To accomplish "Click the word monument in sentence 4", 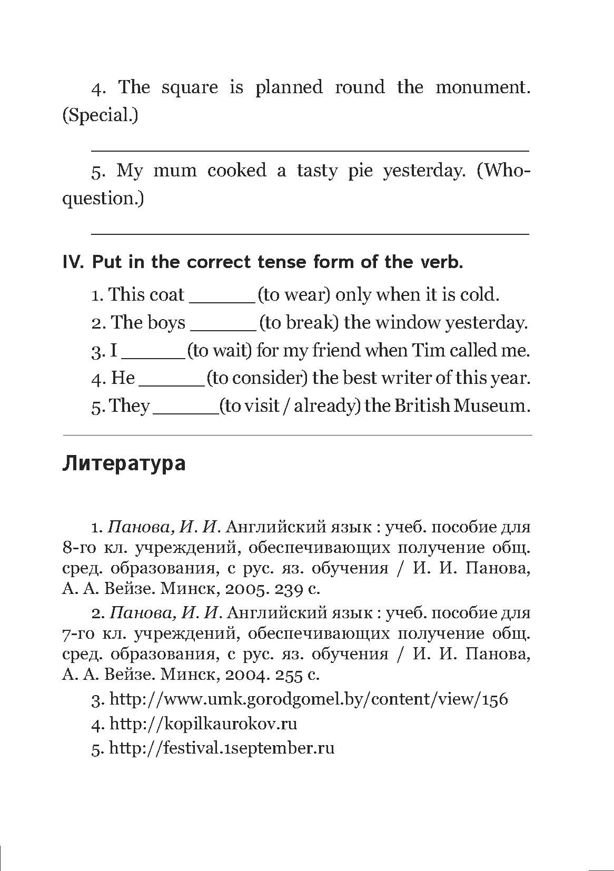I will pyautogui.click(x=482, y=87).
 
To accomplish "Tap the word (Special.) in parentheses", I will pyautogui.click(x=100, y=115).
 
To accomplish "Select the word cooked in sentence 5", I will pyautogui.click(x=236, y=171).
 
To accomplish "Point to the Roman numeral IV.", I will pyautogui.click(x=73, y=262).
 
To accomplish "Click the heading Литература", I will pyautogui.click(x=124, y=464).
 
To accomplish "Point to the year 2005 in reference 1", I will pyautogui.click(x=244, y=589).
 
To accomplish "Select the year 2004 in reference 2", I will pyautogui.click(x=244, y=675).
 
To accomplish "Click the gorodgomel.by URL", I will pyautogui.click(x=308, y=699).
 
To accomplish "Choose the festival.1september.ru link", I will pyautogui.click(x=221, y=748).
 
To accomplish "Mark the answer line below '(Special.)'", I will pyautogui.click(x=310, y=151).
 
